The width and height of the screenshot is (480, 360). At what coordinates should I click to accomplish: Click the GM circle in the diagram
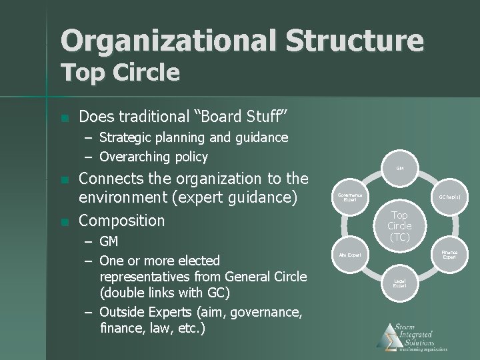point(399,169)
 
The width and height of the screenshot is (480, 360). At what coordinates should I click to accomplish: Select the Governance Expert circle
point(349,197)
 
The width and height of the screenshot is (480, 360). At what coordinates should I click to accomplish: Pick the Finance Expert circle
point(450,255)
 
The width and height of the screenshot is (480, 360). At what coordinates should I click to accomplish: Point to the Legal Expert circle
point(399,283)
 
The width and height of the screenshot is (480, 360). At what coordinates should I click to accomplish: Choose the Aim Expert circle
point(349,255)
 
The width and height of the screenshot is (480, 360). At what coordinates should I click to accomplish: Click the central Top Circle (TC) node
point(399,226)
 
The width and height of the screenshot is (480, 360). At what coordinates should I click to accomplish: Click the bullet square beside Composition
point(64,221)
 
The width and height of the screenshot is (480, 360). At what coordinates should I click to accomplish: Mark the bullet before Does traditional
point(64,118)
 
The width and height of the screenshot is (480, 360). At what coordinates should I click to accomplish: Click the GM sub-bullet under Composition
point(109,241)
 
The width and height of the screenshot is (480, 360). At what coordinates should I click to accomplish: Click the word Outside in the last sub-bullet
point(121,311)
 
